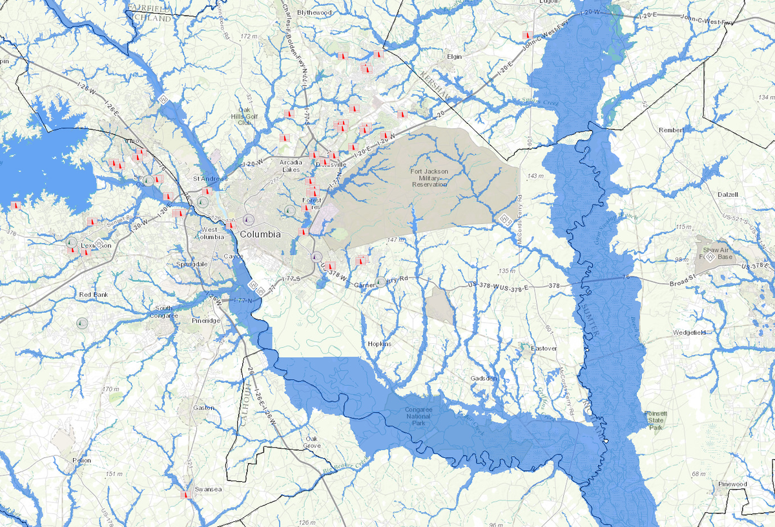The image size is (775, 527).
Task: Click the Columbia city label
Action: [x=260, y=234]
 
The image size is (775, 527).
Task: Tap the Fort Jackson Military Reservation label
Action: [x=429, y=177]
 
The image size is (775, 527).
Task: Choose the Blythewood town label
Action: [x=314, y=12]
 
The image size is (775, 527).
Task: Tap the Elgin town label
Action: [x=455, y=56]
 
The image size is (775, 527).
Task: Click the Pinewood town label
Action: [x=732, y=484]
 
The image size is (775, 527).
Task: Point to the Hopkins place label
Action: [x=379, y=344]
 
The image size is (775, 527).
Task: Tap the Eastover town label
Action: [x=543, y=348]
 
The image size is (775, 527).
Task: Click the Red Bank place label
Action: [x=94, y=294]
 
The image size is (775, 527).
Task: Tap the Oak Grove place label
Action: [x=312, y=442]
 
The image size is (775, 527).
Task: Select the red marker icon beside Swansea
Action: [x=185, y=495]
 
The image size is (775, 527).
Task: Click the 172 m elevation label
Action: [x=249, y=36]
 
